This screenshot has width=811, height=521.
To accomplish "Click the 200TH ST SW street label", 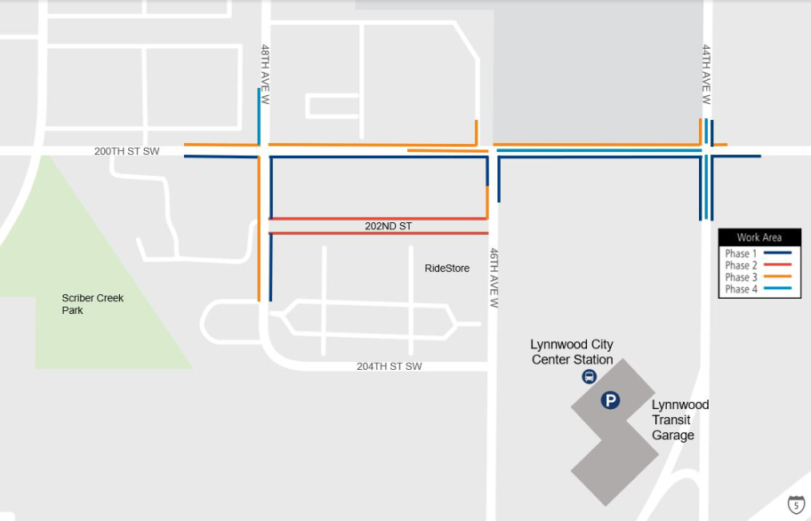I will (x=126, y=151).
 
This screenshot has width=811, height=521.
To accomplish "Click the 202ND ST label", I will (x=389, y=227).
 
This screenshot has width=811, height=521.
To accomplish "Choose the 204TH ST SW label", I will (x=389, y=366).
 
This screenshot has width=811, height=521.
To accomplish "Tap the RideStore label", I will (x=446, y=269).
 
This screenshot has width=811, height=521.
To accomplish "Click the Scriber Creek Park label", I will (x=92, y=304).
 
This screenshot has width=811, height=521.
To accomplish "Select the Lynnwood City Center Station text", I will (x=572, y=352).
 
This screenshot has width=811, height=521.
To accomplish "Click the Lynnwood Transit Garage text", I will (x=680, y=420).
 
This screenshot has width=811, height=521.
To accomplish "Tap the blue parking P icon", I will (x=610, y=401).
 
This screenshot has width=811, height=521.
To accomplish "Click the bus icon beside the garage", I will (x=589, y=377).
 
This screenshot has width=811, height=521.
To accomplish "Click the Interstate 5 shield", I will (x=797, y=505).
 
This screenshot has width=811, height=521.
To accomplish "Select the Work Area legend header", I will (x=759, y=237).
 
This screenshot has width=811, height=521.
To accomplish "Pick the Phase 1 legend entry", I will (x=759, y=254).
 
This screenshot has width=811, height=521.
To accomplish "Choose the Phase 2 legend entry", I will (x=759, y=266).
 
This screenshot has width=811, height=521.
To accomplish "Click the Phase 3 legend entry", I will (x=759, y=277).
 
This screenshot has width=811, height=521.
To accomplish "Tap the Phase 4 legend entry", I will (x=759, y=289).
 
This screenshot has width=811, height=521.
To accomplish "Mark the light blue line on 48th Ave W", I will (x=259, y=116).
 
